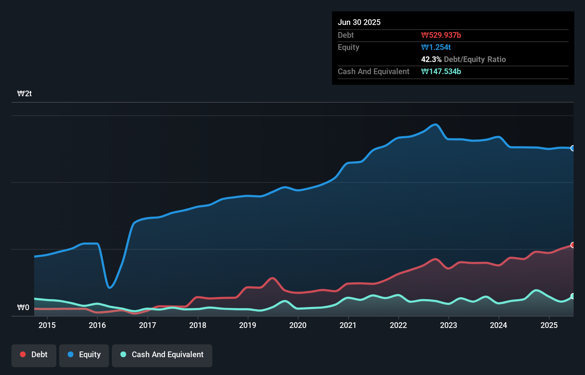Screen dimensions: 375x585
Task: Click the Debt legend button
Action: (34, 355)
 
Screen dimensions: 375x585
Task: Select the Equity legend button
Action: (84, 355)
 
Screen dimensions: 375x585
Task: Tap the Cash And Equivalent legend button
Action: (162, 355)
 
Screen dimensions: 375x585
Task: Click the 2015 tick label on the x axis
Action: (47, 325)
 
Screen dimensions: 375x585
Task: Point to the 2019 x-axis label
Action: (248, 325)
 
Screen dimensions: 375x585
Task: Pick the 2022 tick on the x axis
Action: (398, 325)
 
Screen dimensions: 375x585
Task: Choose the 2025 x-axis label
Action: (549, 325)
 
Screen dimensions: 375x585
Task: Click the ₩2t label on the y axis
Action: (25, 94)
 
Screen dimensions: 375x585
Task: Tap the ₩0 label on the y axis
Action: (24, 307)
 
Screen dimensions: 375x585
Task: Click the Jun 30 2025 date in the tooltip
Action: (359, 22)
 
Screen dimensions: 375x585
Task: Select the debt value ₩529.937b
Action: (441, 35)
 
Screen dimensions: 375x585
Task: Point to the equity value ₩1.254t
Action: (436, 47)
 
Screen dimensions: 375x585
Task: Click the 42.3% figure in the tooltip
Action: (431, 59)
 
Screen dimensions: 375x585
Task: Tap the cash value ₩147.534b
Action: (441, 71)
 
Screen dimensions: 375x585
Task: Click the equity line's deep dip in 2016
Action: (110, 287)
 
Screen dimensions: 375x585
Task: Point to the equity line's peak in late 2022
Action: (435, 124)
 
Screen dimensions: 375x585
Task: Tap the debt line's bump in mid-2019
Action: (273, 278)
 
